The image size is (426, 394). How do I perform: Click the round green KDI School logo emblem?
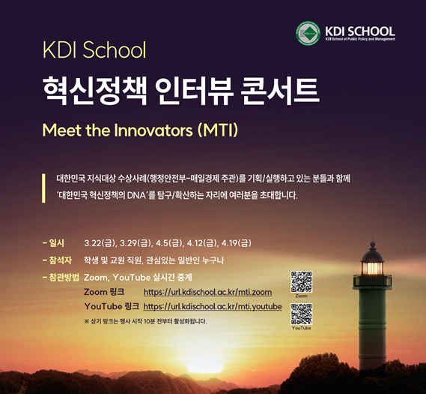coord(308,33)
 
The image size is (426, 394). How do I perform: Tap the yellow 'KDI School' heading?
coord(94,50)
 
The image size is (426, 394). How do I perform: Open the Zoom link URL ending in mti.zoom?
coord(207,292)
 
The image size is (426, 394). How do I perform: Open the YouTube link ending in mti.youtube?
coord(213,307)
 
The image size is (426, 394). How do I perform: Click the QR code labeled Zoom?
coord(301,281)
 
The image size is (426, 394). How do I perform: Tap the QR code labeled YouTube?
coord(301,314)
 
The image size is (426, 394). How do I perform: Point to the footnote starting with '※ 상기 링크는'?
coord(145,321)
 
